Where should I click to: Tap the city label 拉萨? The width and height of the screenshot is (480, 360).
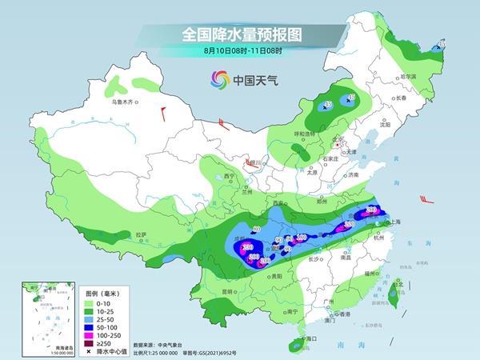141,234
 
